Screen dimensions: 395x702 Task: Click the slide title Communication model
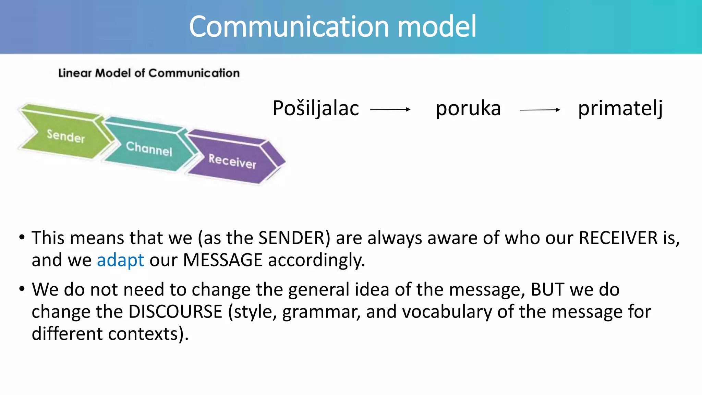(x=332, y=27)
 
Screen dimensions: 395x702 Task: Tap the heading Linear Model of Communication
(x=149, y=73)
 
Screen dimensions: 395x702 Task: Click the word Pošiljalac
(x=316, y=108)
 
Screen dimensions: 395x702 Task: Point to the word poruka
(x=468, y=108)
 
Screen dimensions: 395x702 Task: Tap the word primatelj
(x=620, y=108)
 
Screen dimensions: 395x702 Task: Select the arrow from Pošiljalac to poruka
(x=390, y=110)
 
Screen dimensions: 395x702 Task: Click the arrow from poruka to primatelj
(x=540, y=110)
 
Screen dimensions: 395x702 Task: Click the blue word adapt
(x=120, y=260)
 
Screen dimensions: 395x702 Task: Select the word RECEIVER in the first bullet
(x=618, y=238)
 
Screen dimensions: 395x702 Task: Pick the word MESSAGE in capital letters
(x=223, y=260)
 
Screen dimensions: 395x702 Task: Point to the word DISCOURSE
(x=175, y=312)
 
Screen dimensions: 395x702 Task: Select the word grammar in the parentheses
(x=321, y=312)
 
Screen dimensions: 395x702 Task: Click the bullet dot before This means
(x=22, y=237)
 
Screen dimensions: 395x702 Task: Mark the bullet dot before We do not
(x=22, y=289)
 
